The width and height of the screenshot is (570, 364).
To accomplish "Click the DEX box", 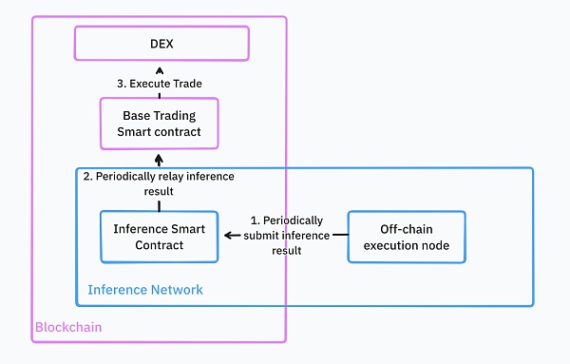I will pyautogui.click(x=161, y=44).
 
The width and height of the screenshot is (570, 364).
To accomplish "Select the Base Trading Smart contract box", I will pyautogui.click(x=159, y=124).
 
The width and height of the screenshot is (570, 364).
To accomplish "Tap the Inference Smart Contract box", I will pyautogui.click(x=160, y=237).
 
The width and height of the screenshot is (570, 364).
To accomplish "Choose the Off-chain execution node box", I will pyautogui.click(x=407, y=237).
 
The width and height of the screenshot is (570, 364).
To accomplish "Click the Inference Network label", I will pyautogui.click(x=145, y=289).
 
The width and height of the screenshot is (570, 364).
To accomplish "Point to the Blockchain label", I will pyautogui.click(x=68, y=327).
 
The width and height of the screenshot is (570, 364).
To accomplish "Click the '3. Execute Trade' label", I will pyautogui.click(x=159, y=84).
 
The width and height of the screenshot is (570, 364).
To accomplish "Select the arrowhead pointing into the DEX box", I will pyautogui.click(x=159, y=69).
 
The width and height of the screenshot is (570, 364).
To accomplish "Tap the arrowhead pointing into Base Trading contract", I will pyautogui.click(x=159, y=158).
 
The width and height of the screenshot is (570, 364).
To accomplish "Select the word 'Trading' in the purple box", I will pyautogui.click(x=177, y=116).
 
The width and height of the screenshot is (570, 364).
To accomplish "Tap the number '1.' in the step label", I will pyautogui.click(x=256, y=220).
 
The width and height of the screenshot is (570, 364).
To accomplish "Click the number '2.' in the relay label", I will pyautogui.click(x=88, y=177).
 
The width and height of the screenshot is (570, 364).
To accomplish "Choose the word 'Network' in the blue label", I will pyautogui.click(x=177, y=289).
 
